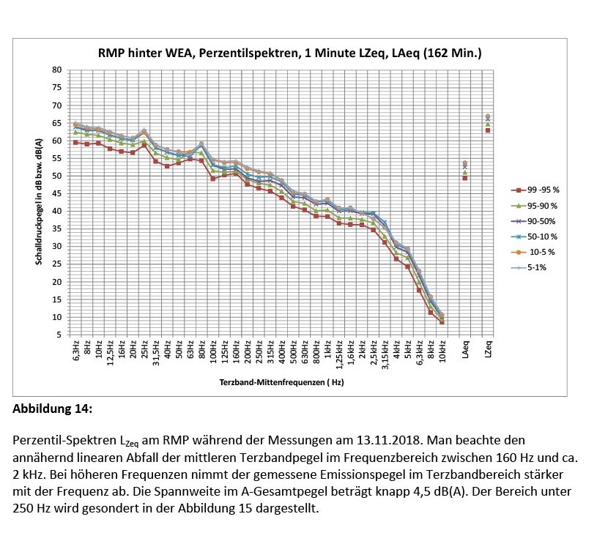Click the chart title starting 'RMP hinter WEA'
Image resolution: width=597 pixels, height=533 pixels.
pyautogui.click(x=289, y=53)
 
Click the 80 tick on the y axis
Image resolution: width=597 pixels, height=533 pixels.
pyautogui.click(x=56, y=70)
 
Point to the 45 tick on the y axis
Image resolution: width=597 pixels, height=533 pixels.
pyautogui.click(x=56, y=193)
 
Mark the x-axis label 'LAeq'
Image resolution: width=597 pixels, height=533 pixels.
pyautogui.click(x=465, y=349)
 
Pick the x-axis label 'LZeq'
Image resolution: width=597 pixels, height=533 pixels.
pyautogui.click(x=488, y=349)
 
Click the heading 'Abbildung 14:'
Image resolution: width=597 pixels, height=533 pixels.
pyautogui.click(x=53, y=409)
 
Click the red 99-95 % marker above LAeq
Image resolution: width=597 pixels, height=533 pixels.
pyautogui.click(x=465, y=178)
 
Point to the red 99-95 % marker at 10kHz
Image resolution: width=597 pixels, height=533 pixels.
pyautogui.click(x=442, y=321)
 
